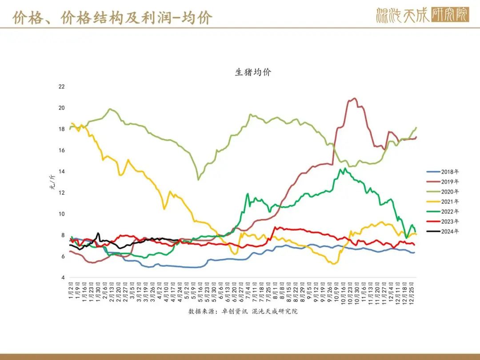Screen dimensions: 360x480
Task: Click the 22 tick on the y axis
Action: coord(62,87)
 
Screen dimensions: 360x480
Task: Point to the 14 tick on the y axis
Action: coord(62,172)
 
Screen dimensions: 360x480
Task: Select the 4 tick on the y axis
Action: coord(63,278)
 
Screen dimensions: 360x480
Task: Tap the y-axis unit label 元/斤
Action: coord(52,182)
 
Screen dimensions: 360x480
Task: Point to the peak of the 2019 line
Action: coord(354,98)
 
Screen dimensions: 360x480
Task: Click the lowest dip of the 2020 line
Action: coord(198,180)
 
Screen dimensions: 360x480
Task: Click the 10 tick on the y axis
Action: coord(62,214)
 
